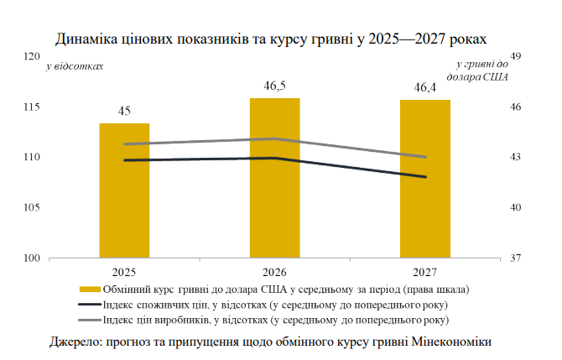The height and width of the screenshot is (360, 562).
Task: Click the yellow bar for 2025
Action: (x=124, y=190)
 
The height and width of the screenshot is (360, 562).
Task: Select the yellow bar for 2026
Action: (x=274, y=178)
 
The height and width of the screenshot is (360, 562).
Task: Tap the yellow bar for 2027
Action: (x=425, y=179)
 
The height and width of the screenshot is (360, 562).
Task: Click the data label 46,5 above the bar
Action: (x=275, y=86)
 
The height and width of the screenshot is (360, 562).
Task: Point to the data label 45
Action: (x=124, y=111)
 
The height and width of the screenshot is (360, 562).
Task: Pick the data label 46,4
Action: (x=425, y=86)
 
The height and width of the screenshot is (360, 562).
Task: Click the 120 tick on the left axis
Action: (x=32, y=56)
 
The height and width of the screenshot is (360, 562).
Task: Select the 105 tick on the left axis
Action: (x=32, y=207)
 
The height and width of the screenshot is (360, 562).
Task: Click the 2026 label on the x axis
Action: (x=275, y=273)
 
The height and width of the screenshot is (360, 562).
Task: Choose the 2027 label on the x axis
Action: (x=425, y=273)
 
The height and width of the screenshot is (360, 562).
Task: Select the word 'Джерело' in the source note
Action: (x=76, y=342)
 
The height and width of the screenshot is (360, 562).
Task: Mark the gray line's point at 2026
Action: (x=275, y=138)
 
